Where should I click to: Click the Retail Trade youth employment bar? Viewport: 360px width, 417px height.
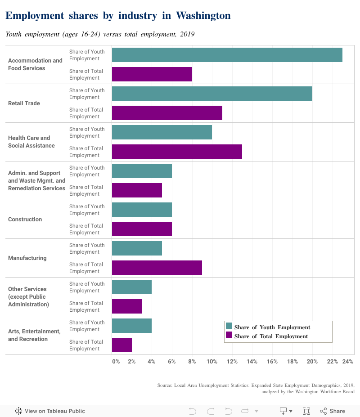212,94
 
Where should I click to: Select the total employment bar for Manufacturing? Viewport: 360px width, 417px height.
157,268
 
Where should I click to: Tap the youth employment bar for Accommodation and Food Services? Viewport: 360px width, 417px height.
227,55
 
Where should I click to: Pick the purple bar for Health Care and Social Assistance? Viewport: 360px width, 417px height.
177,152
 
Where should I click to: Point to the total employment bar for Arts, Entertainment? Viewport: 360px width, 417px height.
122,345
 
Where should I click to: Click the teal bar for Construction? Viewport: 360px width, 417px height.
142,210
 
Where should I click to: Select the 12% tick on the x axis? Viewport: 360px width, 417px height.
232,361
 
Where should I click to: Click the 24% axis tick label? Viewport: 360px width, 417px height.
347,361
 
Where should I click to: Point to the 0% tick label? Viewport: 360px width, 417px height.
116,361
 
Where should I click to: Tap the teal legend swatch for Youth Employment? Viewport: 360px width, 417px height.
229,327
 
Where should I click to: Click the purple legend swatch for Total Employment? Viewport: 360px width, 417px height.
229,336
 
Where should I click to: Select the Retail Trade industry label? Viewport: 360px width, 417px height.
24,103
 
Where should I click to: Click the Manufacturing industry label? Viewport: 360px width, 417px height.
27,258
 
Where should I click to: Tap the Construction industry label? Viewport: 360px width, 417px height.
25,220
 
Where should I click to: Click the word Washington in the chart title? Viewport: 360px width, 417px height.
203,16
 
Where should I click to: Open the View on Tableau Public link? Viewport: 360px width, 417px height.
50,411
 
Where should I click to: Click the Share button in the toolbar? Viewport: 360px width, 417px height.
333,411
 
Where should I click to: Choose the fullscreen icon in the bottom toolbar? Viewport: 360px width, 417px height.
306,411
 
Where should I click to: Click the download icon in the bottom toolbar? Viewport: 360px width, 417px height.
283,411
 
